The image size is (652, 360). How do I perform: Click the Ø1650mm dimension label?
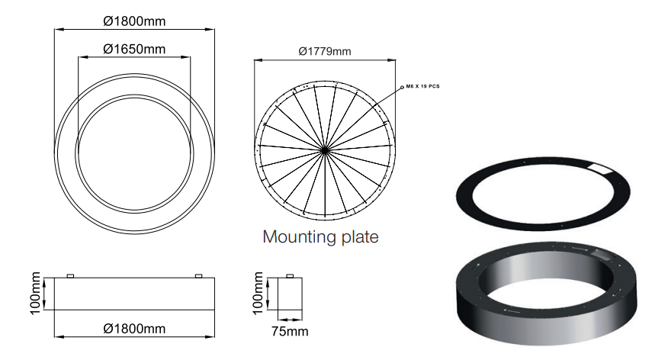click(134, 49)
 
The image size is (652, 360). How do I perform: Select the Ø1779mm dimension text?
click(325, 51)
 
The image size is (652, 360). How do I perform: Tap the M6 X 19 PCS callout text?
click(422, 86)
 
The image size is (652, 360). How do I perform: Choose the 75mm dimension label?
click(290, 331)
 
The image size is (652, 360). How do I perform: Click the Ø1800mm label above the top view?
click(134, 21)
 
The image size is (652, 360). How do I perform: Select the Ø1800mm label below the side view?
click(134, 329)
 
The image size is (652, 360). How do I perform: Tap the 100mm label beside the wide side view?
click(35, 293)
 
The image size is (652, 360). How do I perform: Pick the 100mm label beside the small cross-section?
click(258, 293)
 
